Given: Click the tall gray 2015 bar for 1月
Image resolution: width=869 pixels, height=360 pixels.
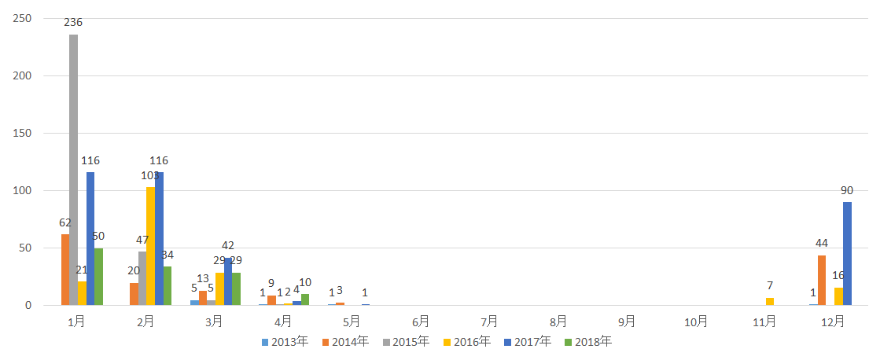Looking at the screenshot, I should coord(73,170).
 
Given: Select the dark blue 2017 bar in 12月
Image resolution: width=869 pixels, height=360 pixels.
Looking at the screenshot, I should coord(847,253).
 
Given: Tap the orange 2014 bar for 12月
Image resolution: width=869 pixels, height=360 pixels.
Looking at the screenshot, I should coord(822,280).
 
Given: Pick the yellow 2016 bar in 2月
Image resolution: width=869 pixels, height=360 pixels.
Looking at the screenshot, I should coord(150,246).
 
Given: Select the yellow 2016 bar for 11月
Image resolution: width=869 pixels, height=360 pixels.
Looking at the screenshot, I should coord(769,301).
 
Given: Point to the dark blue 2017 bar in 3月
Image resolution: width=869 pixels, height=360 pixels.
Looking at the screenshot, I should coord(227,281).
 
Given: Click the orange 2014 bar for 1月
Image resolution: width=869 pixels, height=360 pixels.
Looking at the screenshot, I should coord(65,270).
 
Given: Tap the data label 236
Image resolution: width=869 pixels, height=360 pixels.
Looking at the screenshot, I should coord(74,22).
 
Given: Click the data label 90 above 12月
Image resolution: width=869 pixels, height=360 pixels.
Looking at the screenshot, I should coord(847,190).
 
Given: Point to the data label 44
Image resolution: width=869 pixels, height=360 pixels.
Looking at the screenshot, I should coord(822,243).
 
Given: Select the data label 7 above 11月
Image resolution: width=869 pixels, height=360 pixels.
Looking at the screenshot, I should coord(770,285).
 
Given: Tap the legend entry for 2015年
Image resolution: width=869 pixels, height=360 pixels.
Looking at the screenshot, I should coord(406,342).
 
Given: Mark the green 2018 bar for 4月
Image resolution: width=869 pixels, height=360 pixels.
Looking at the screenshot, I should coord(305,299).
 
